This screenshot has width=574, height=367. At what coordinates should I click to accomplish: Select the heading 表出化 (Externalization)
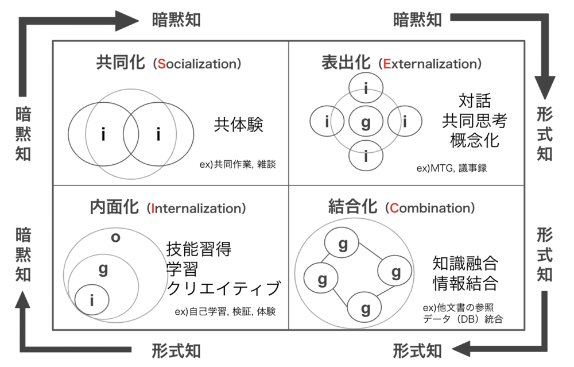point(402,63)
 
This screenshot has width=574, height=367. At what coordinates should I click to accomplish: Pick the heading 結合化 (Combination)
point(402,207)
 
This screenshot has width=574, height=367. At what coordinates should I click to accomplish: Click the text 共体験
point(239,125)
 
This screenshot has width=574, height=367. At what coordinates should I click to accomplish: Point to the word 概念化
point(475,140)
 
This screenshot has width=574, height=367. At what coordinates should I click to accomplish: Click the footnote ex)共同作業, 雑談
point(238,164)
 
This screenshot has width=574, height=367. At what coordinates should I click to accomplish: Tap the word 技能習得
point(199,250)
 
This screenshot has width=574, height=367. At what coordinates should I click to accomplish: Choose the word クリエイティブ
point(224,288)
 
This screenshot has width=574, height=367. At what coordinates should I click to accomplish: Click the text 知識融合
point(465,264)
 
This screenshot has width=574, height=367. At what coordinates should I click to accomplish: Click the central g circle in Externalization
point(366,122)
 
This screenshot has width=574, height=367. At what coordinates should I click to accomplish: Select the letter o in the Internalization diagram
point(115,236)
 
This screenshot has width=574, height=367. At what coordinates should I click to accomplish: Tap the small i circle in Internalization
point(92,299)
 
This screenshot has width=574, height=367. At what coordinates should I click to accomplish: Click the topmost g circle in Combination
point(343,245)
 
